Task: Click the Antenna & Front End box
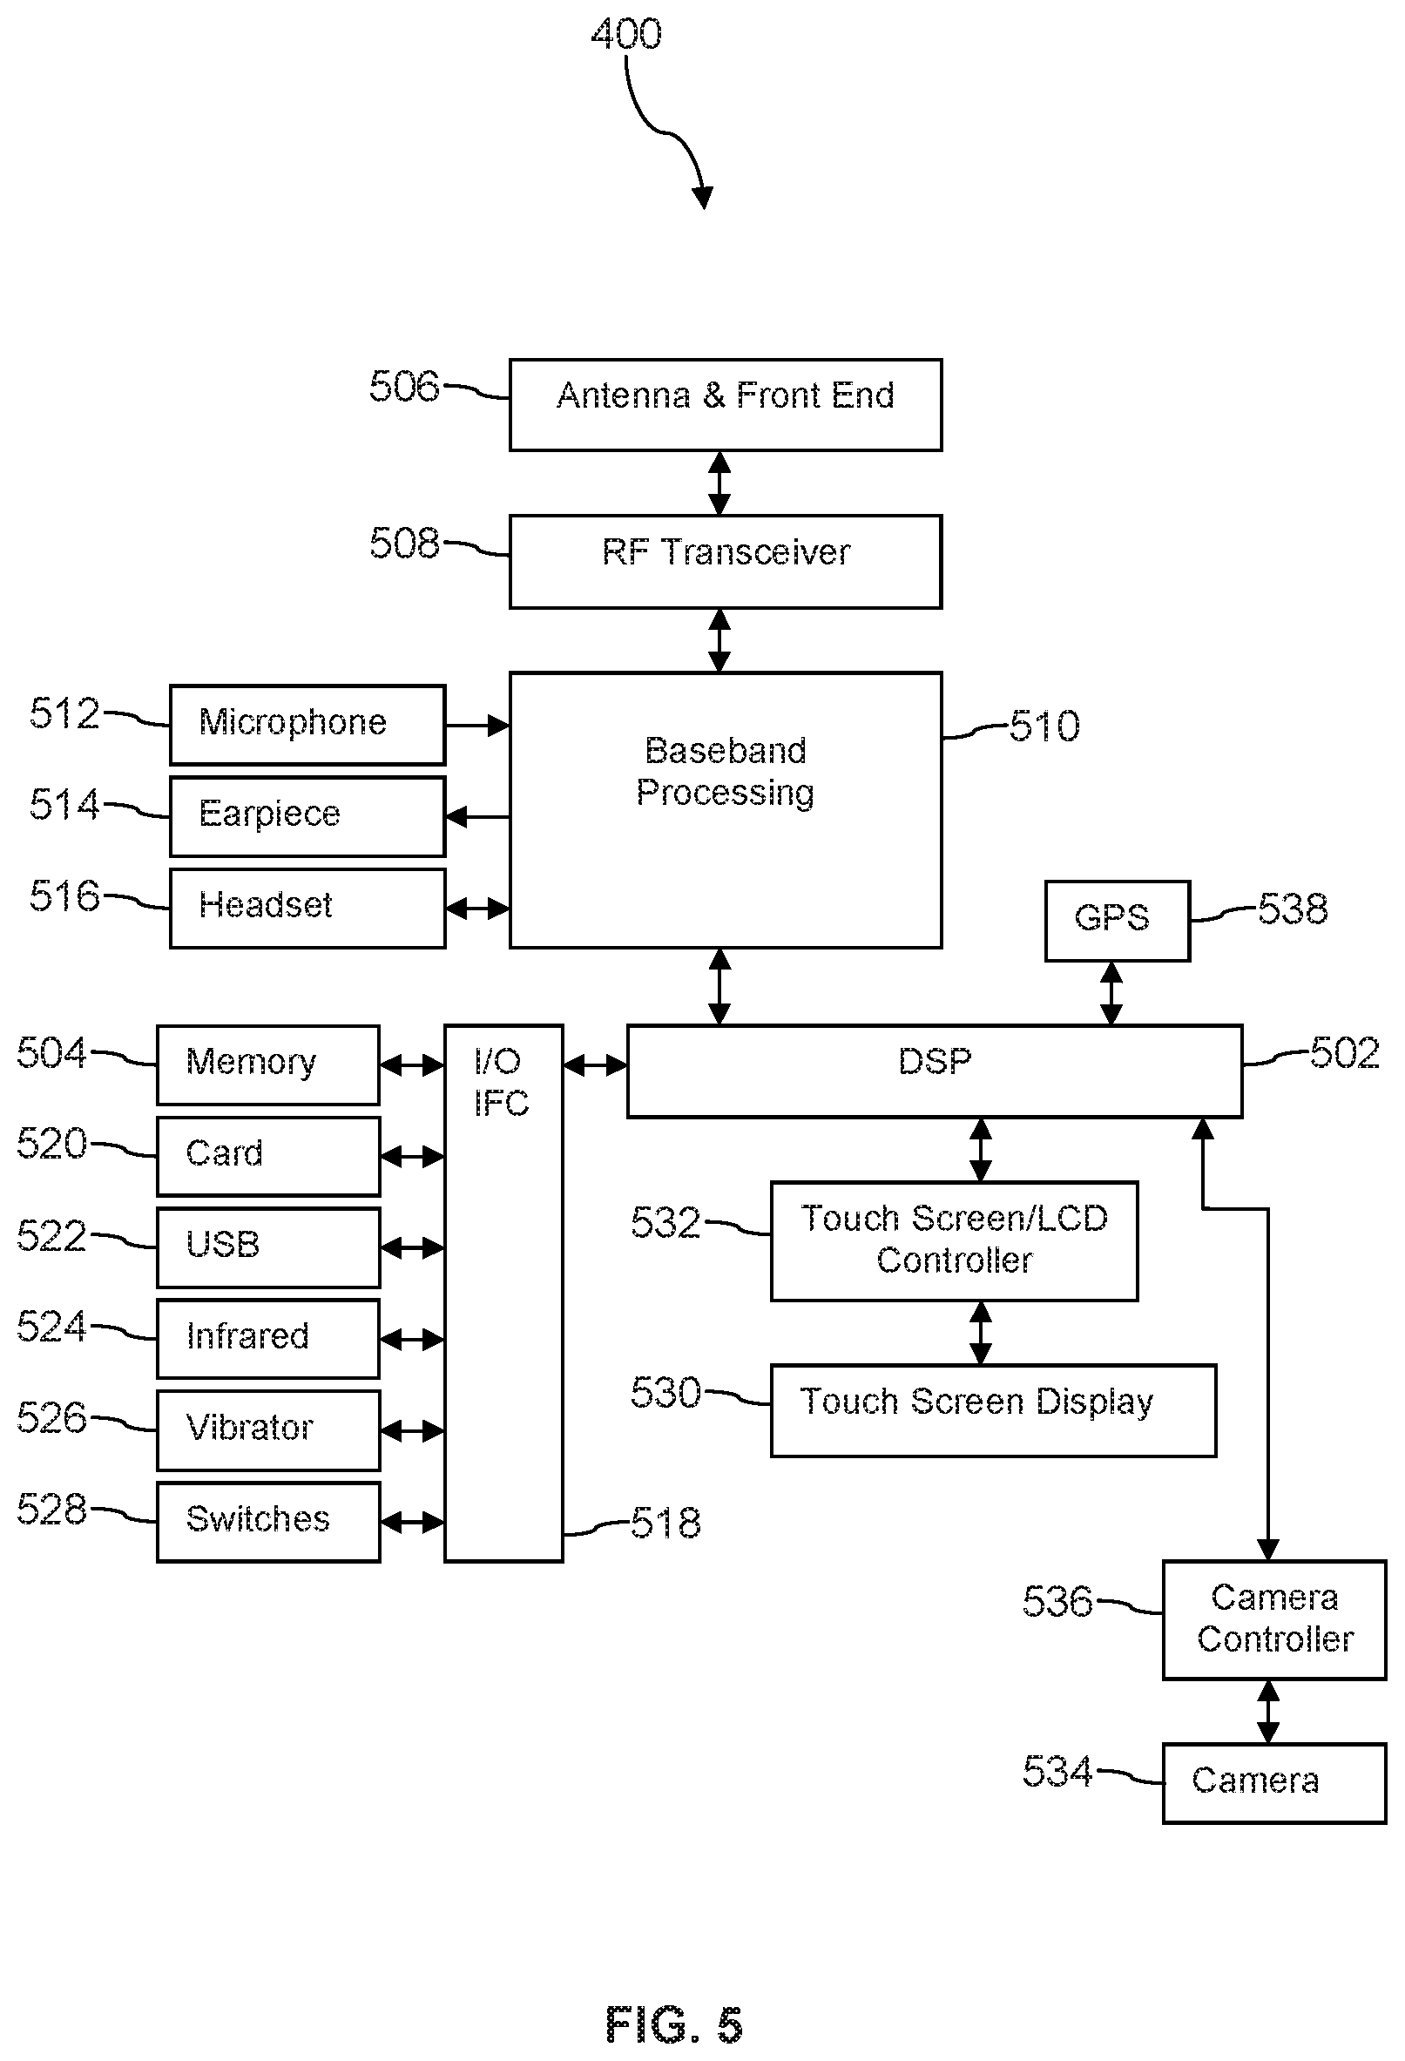(725, 404)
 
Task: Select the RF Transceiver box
(725, 561)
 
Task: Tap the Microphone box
(307, 725)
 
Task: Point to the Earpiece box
(307, 816)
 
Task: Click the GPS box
(1117, 921)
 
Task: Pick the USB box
(268, 1247)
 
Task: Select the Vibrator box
(268, 1429)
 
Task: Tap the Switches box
(268, 1522)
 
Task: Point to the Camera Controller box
(1273, 1619)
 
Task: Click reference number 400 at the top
(626, 35)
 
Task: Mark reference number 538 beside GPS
(1293, 909)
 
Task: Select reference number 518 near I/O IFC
(665, 1523)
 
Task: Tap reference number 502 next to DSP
(1345, 1052)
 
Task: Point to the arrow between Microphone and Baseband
(477, 726)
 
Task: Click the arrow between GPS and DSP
(1111, 992)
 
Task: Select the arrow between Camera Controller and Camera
(1268, 1712)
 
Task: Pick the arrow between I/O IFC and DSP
(594, 1065)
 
